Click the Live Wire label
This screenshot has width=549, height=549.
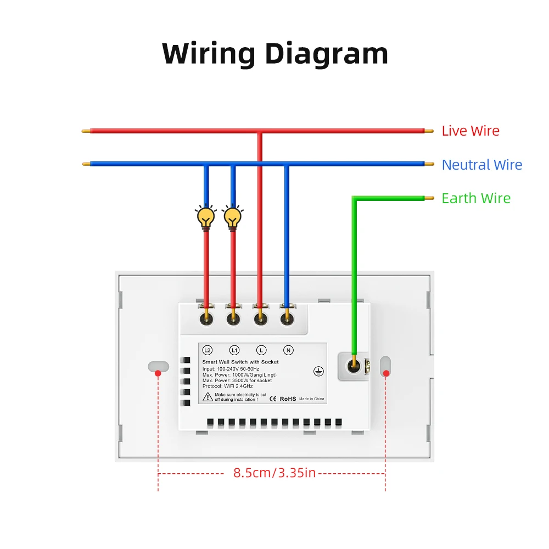point(470,131)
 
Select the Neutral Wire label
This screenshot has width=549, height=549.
point(482,165)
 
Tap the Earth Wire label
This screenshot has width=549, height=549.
point(476,198)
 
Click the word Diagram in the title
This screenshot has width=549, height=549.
point(326,54)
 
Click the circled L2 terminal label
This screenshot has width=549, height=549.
point(208,350)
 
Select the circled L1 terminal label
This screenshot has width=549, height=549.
point(234,350)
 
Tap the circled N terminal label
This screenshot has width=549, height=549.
point(289,350)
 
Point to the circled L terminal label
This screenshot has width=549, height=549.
point(261,350)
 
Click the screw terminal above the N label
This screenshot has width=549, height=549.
point(287,319)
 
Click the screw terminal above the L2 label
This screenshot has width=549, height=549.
point(206,319)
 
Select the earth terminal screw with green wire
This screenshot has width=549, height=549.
point(354,366)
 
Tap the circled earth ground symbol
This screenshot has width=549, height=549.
point(318,372)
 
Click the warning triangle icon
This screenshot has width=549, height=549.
point(208,397)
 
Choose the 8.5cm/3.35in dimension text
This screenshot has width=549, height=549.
point(274,473)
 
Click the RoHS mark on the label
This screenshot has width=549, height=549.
point(288,399)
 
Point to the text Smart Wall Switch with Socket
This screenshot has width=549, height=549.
point(240,362)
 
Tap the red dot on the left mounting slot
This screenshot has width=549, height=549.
point(158,373)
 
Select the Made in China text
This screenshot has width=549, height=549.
point(312,399)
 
